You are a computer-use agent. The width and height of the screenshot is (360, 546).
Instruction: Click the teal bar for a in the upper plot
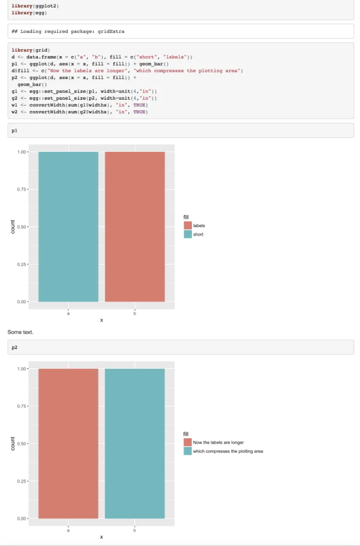(68, 226)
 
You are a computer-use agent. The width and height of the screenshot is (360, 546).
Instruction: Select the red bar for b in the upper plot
(135, 226)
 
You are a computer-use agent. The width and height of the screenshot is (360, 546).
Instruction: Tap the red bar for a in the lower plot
(68, 443)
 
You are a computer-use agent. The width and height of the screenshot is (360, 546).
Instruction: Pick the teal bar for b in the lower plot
(135, 443)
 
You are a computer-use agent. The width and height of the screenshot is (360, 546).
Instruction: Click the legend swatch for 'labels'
(187, 226)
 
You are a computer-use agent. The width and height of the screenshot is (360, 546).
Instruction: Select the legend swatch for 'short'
(187, 234)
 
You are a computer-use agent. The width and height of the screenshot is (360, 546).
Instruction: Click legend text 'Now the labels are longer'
(218, 442)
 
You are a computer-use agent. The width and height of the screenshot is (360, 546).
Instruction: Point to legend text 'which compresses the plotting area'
(228, 451)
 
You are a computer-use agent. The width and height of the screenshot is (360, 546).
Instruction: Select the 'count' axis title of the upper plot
(13, 226)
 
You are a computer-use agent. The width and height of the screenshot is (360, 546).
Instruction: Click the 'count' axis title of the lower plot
(13, 443)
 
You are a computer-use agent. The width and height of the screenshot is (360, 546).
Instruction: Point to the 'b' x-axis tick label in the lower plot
(135, 531)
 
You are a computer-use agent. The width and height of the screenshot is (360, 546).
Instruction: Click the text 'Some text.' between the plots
(20, 332)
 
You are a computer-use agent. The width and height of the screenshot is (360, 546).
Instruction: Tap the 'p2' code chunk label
(14, 347)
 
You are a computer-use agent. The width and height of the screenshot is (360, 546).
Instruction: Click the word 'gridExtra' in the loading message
(112, 32)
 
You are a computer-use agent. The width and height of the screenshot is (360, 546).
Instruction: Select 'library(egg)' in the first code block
(29, 13)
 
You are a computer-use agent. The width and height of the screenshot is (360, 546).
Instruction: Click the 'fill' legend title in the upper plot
(186, 217)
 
